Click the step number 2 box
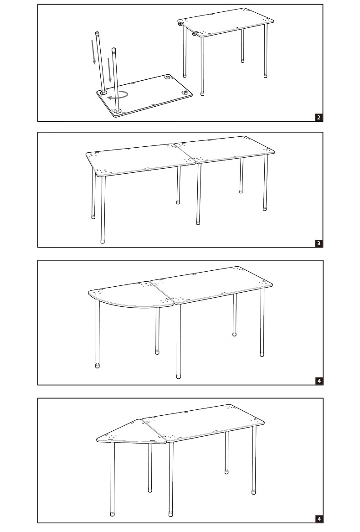[319, 117]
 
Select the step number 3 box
[319, 243]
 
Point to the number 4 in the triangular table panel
[319, 519]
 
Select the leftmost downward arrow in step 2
[94, 52]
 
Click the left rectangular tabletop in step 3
[139, 158]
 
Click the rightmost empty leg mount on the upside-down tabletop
[185, 93]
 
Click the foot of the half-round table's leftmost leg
[98, 365]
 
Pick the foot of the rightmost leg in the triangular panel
[254, 492]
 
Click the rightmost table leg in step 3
[265, 182]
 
